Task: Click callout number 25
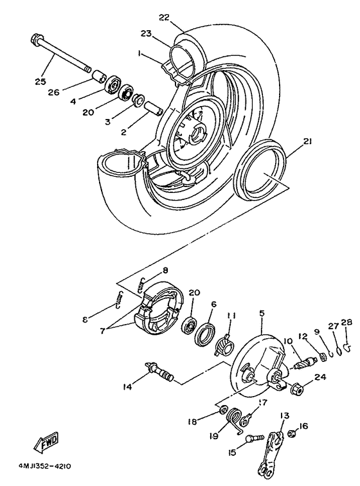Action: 40,82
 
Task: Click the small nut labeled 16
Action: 292,435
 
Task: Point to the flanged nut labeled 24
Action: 297,388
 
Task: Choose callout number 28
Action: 346,322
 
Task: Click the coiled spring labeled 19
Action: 239,424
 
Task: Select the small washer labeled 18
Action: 222,410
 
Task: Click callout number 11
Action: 232,314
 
